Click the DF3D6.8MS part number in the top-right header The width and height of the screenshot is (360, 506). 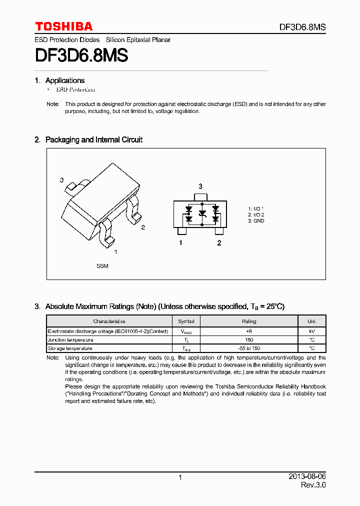302,27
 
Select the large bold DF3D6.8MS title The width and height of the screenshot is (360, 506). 81,55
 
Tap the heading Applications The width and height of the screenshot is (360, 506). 64,80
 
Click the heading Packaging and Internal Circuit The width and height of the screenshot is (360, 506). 93,140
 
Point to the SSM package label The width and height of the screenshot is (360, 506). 102,266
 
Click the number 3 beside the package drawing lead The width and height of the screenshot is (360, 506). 61,180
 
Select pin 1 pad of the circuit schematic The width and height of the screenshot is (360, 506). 181,231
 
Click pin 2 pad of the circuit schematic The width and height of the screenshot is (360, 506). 219,231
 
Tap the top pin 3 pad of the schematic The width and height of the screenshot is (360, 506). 200,196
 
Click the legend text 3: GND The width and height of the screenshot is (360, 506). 256,221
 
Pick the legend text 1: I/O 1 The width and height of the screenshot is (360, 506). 256,208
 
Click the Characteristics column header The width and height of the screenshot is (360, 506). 109,321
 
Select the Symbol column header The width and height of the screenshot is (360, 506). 186,321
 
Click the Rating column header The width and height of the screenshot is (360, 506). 249,321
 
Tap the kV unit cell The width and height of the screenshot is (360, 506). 312,331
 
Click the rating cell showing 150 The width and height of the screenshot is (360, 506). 249,339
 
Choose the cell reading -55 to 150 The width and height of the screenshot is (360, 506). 249,348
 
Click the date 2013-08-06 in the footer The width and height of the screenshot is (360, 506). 307,477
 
